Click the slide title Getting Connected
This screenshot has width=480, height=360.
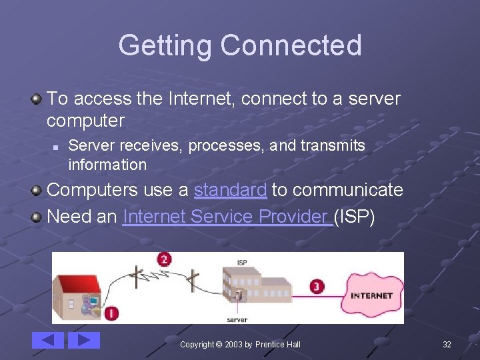point(240,45)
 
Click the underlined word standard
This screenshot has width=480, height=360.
point(230,190)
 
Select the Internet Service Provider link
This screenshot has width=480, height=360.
point(227,217)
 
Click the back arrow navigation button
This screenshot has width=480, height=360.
point(48,341)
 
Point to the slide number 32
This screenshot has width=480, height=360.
point(447,344)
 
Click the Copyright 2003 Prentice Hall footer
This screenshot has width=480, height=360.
point(240,344)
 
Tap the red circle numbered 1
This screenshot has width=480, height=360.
point(112,312)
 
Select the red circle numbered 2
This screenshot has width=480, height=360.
point(164,259)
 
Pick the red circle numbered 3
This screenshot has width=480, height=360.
point(317,287)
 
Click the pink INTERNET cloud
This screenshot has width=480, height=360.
point(371,295)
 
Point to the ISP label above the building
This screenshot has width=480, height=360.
point(241,263)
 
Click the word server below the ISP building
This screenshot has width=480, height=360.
point(237,320)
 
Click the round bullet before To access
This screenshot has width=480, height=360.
point(37,99)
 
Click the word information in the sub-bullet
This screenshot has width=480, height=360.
point(107,164)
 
